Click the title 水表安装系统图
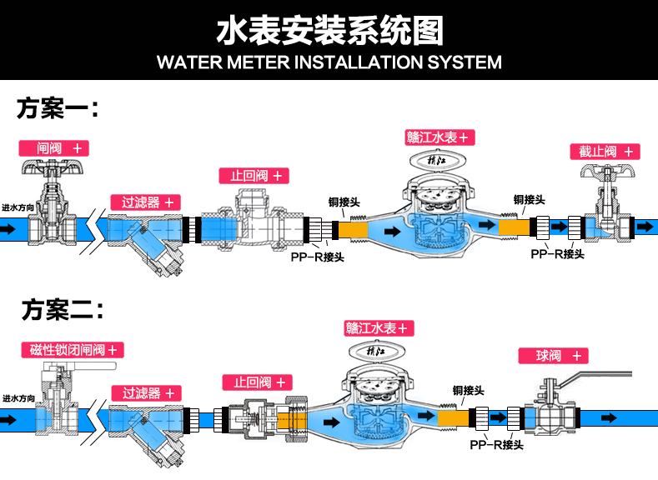(x=329, y=31)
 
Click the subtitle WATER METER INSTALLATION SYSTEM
(x=329, y=62)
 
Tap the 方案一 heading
(x=58, y=108)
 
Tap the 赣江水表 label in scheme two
(x=375, y=328)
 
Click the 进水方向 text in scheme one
(x=18, y=208)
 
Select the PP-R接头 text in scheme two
(x=496, y=446)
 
